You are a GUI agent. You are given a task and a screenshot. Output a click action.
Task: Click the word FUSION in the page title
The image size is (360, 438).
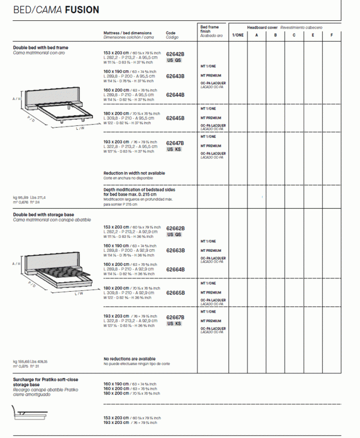click(82, 10)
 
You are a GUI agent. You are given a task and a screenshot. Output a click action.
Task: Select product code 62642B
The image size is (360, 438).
click(175, 54)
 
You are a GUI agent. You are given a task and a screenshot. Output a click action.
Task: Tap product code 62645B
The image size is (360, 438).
click(175, 118)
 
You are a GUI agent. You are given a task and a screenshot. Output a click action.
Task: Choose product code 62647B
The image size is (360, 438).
click(175, 143)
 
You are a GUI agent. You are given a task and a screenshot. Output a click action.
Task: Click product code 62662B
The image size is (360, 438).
click(175, 228)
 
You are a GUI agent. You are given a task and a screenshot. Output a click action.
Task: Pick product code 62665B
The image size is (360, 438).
click(175, 293)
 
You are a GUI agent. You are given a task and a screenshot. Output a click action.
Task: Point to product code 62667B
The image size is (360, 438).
click(175, 318)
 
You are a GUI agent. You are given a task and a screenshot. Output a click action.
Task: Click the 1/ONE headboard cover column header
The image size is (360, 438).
click(238, 35)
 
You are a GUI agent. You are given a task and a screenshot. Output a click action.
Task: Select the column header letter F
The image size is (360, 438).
click(332, 35)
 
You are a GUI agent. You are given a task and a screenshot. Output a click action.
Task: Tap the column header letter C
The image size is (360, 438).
click(294, 35)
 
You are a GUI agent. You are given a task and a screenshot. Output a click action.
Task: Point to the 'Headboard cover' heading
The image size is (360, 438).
click(262, 27)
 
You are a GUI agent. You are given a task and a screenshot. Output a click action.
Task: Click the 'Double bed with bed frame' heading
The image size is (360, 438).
click(40, 48)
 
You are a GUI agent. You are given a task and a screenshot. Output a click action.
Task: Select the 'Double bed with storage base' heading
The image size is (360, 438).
click(43, 215)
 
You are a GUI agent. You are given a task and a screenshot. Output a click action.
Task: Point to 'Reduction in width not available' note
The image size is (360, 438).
click(134, 173)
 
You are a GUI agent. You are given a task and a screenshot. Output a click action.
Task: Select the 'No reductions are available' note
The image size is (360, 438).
click(129, 359)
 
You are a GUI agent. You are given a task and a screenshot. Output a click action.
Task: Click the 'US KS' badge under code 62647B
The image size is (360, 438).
click(174, 150)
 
